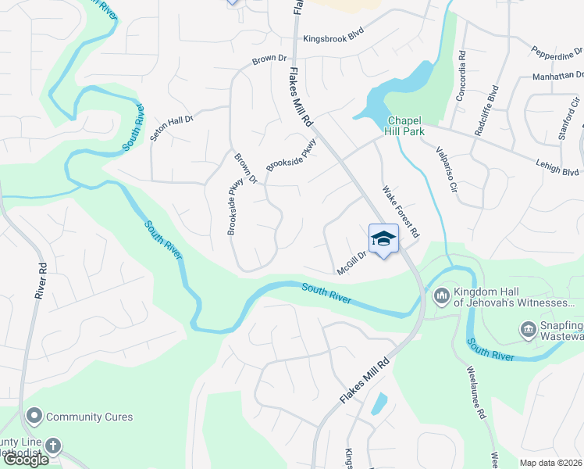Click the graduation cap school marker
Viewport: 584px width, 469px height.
click(383, 238)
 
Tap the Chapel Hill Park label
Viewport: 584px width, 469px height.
click(405, 126)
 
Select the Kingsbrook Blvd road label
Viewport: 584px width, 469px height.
click(334, 38)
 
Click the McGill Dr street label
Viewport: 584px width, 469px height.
click(351, 262)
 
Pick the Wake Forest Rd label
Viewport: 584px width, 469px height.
click(401, 211)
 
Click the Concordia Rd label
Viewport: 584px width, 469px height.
click(462, 68)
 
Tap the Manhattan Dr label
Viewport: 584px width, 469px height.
click(557, 76)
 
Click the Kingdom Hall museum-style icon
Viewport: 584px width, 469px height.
click(440, 296)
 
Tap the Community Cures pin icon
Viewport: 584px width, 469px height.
click(34, 417)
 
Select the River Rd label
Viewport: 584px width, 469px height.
click(41, 279)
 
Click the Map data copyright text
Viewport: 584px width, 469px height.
click(551, 463)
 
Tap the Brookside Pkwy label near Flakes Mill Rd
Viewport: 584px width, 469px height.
click(291, 155)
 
